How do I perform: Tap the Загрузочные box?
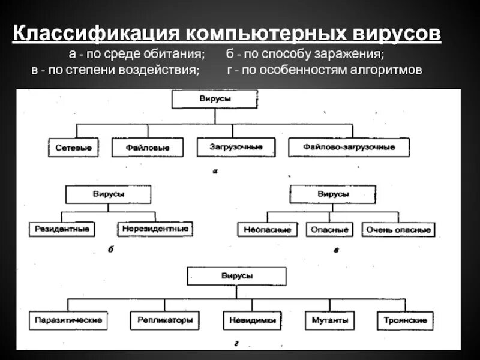[236, 146]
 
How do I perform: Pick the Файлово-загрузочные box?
[349, 147]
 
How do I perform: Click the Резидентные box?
[62, 229]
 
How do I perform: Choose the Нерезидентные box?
[155, 229]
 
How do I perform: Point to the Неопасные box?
[268, 230]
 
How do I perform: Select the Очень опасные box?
[398, 230]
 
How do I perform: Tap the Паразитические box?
[68, 320]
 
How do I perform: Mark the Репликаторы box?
[164, 320]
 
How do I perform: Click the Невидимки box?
[252, 320]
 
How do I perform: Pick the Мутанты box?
[326, 320]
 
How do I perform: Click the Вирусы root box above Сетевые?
[215, 98]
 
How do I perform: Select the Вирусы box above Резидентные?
[109, 194]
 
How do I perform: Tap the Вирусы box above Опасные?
[332, 194]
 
